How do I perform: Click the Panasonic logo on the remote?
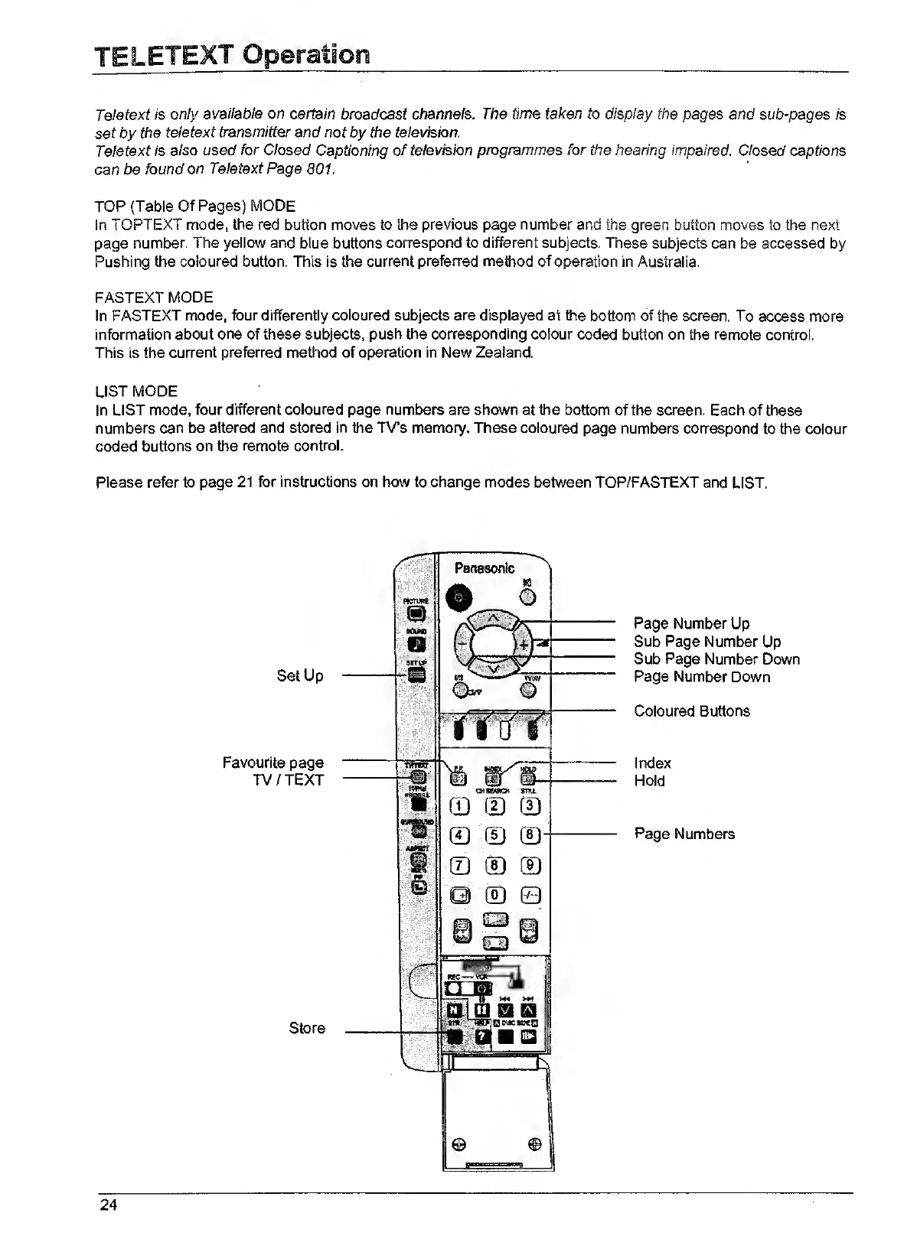(x=485, y=568)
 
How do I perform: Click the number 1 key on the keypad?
(x=457, y=805)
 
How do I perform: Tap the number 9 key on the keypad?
(x=530, y=866)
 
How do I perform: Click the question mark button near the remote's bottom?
(x=482, y=1036)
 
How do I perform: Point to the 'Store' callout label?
(x=307, y=1029)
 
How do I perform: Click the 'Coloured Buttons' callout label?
(x=692, y=711)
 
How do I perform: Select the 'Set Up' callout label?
(x=300, y=676)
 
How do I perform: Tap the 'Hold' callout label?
(x=649, y=781)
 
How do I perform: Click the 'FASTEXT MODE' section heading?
(x=154, y=298)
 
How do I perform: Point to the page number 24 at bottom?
(x=108, y=1206)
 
